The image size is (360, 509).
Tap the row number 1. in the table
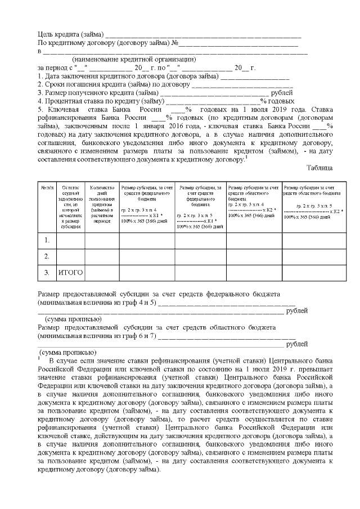pos(47,240)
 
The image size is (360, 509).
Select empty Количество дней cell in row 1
pos(102,240)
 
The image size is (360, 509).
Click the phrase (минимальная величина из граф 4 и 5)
pos(96,303)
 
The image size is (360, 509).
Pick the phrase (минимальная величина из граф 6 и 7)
pos(96,336)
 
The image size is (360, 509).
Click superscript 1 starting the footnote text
pos(39,357)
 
